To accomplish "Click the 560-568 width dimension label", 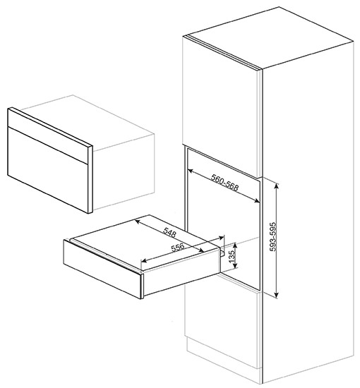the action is (x=224, y=183).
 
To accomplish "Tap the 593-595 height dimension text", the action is (x=273, y=237).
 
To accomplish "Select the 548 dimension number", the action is (x=170, y=233).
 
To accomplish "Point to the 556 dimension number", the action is (x=177, y=248).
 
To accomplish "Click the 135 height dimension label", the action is (x=232, y=257).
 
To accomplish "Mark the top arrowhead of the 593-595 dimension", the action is (x=277, y=184).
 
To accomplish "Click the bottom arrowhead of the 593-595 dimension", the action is (x=277, y=294).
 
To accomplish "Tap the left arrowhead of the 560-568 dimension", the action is (x=190, y=171).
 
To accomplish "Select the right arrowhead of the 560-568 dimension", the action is (x=257, y=201).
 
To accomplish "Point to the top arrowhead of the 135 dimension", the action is (x=236, y=245).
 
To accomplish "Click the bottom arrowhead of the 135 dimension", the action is (x=236, y=265).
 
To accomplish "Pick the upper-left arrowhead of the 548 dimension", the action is (x=137, y=221).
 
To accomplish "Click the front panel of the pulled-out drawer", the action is (x=102, y=268).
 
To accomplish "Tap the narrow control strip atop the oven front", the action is (x=48, y=136).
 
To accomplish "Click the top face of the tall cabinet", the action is (x=270, y=37).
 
